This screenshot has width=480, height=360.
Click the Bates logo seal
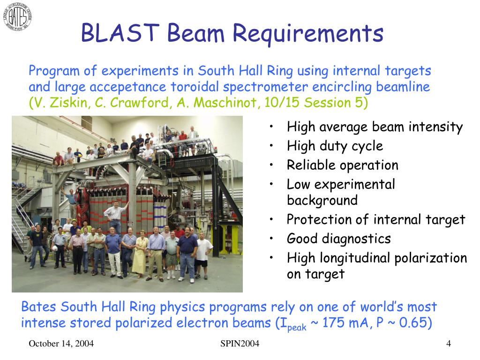tap(17, 16)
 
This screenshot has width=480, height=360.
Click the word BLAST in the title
tap(120, 33)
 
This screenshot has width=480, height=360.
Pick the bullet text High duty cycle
tap(335, 146)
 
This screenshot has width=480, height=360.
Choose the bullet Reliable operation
tap(343, 165)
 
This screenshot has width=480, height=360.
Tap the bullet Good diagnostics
tap(339, 239)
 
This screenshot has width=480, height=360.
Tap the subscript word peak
tap(297, 328)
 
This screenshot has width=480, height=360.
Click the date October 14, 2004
tap(61, 344)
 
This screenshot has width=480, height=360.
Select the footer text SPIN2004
tap(240, 344)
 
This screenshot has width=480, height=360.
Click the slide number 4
tap(449, 344)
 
